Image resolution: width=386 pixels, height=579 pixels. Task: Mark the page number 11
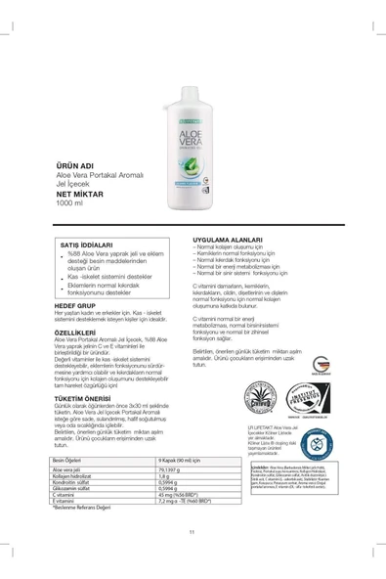point(193,558)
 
